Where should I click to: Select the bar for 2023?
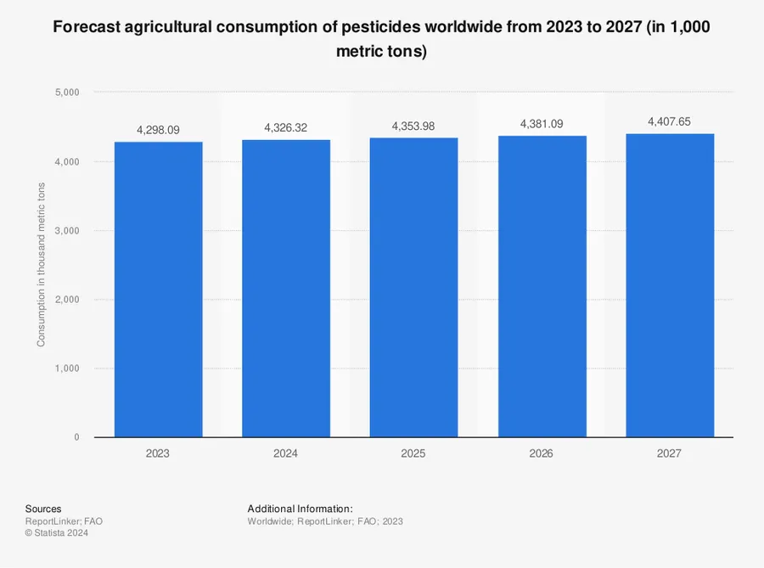(158, 289)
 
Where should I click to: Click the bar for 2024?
(286, 289)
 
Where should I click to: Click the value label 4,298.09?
(158, 131)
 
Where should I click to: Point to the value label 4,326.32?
(286, 128)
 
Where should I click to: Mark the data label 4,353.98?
(413, 127)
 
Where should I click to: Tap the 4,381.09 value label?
(541, 124)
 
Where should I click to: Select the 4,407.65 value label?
(669, 122)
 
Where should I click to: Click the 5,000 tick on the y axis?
(67, 92)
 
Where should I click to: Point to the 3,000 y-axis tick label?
(67, 230)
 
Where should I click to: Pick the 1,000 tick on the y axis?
(67, 368)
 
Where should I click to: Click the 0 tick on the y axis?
(76, 437)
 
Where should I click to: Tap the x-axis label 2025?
(413, 454)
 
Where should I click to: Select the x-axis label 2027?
(669, 454)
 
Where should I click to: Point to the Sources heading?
(43, 509)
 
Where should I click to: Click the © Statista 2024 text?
(57, 533)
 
